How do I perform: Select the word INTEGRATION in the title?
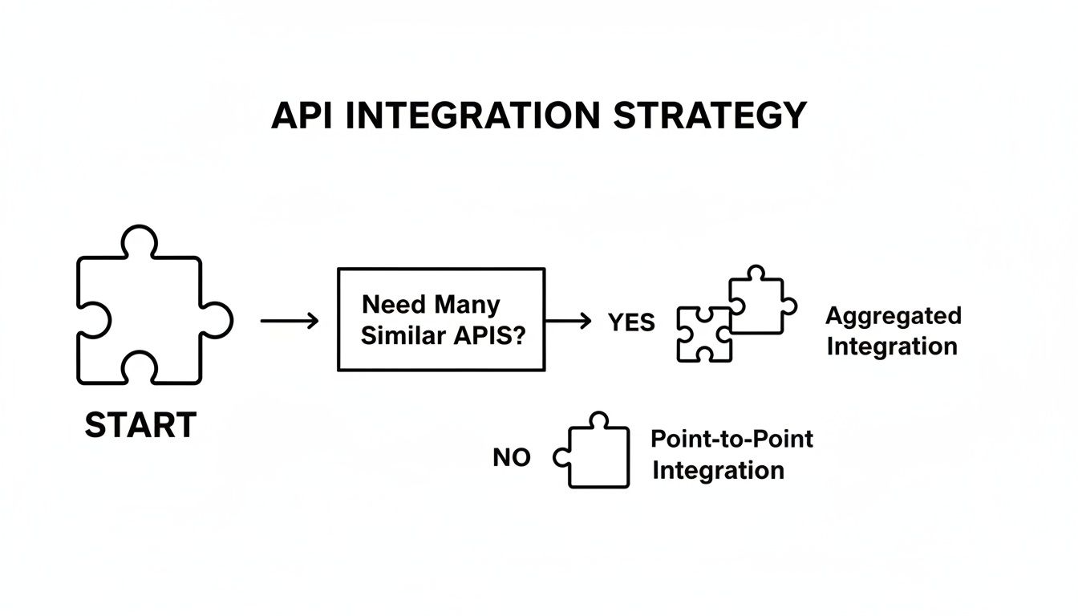click(473, 115)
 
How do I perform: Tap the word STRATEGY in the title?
click(710, 115)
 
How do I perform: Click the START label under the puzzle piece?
click(140, 425)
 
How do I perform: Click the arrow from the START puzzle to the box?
click(290, 321)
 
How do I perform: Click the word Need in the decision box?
click(394, 305)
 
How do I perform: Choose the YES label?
click(631, 322)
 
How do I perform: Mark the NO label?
click(511, 458)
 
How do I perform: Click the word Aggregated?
click(893, 315)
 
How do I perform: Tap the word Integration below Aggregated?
click(892, 346)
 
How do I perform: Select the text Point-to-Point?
click(731, 439)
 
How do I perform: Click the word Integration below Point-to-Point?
click(718, 470)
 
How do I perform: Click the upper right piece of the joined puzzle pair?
click(758, 302)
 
